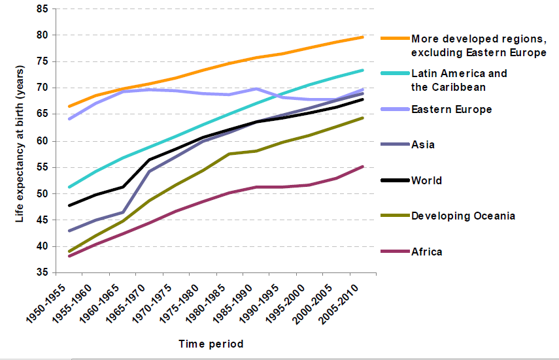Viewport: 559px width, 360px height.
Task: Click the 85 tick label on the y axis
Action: coord(42,9)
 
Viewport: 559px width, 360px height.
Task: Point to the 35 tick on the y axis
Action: coord(42,272)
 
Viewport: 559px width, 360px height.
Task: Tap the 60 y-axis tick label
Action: coord(42,140)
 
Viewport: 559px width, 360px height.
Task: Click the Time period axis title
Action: coord(211,344)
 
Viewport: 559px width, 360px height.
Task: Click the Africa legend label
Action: coord(426,252)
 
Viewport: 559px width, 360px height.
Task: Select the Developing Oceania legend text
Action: coord(463,216)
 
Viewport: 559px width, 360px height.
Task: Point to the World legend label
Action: coord(426,180)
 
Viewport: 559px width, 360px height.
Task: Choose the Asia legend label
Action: coord(422,145)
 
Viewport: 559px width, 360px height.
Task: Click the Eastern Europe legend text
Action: coord(451,110)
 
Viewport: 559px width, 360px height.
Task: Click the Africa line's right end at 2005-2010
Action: coord(363,167)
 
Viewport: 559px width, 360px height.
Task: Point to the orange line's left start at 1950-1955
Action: coord(69,106)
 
